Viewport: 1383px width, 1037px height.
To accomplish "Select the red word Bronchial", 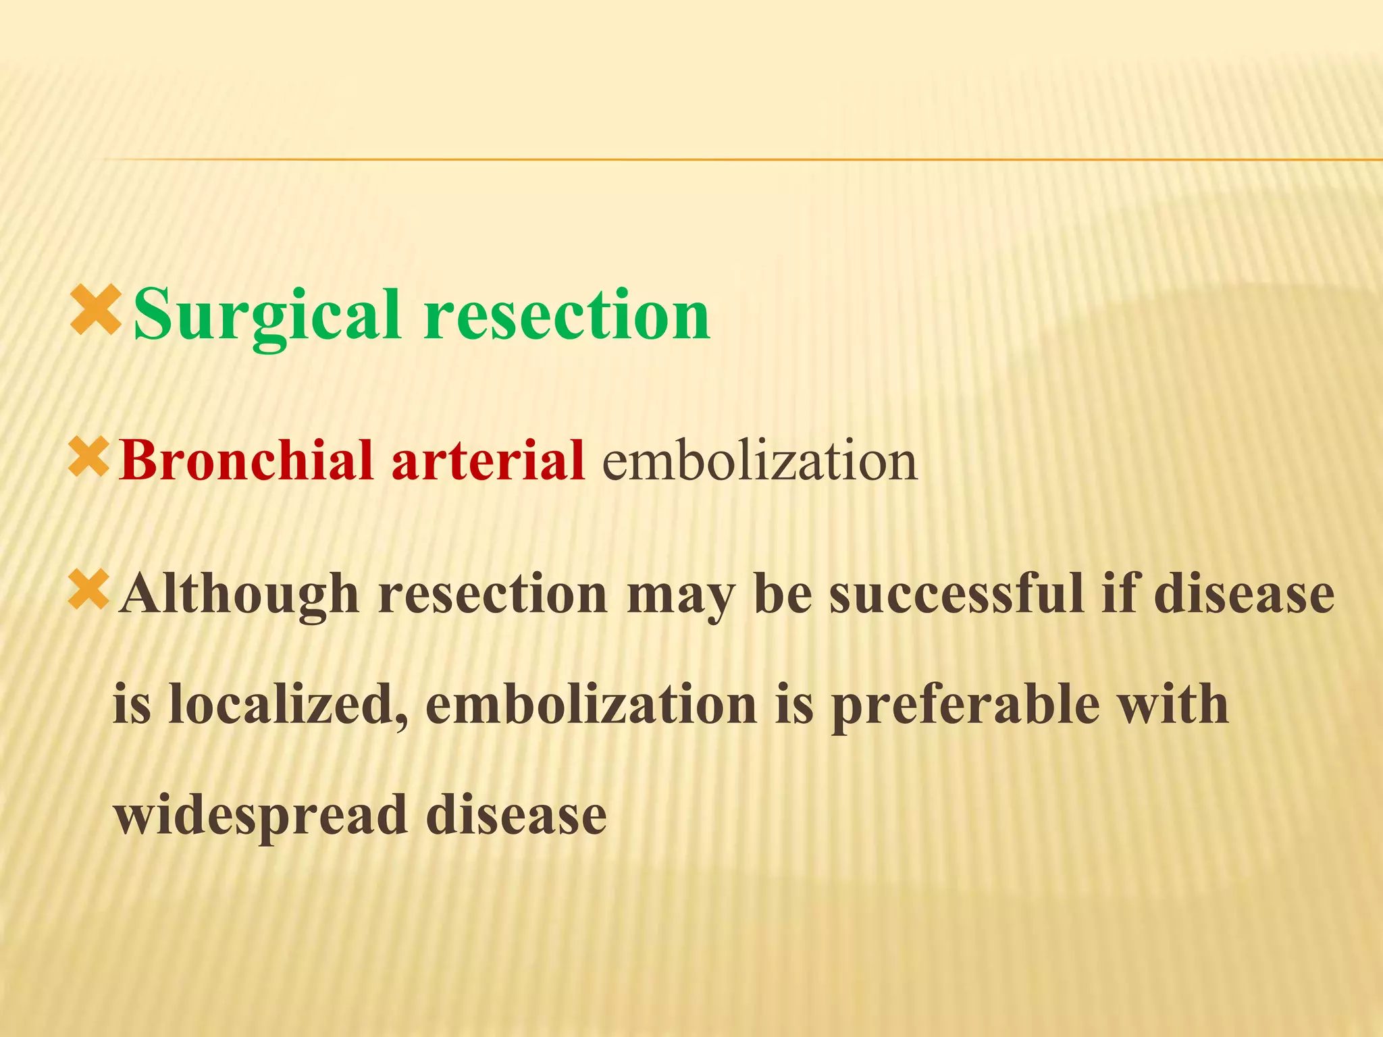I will (244, 460).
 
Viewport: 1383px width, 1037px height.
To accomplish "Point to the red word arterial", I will (488, 460).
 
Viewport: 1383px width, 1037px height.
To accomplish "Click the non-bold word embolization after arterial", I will (759, 460).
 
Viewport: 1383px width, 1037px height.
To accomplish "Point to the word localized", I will (288, 704).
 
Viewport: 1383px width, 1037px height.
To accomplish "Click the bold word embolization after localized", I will (591, 704).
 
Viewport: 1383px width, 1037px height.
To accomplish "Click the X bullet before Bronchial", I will (88, 457).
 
